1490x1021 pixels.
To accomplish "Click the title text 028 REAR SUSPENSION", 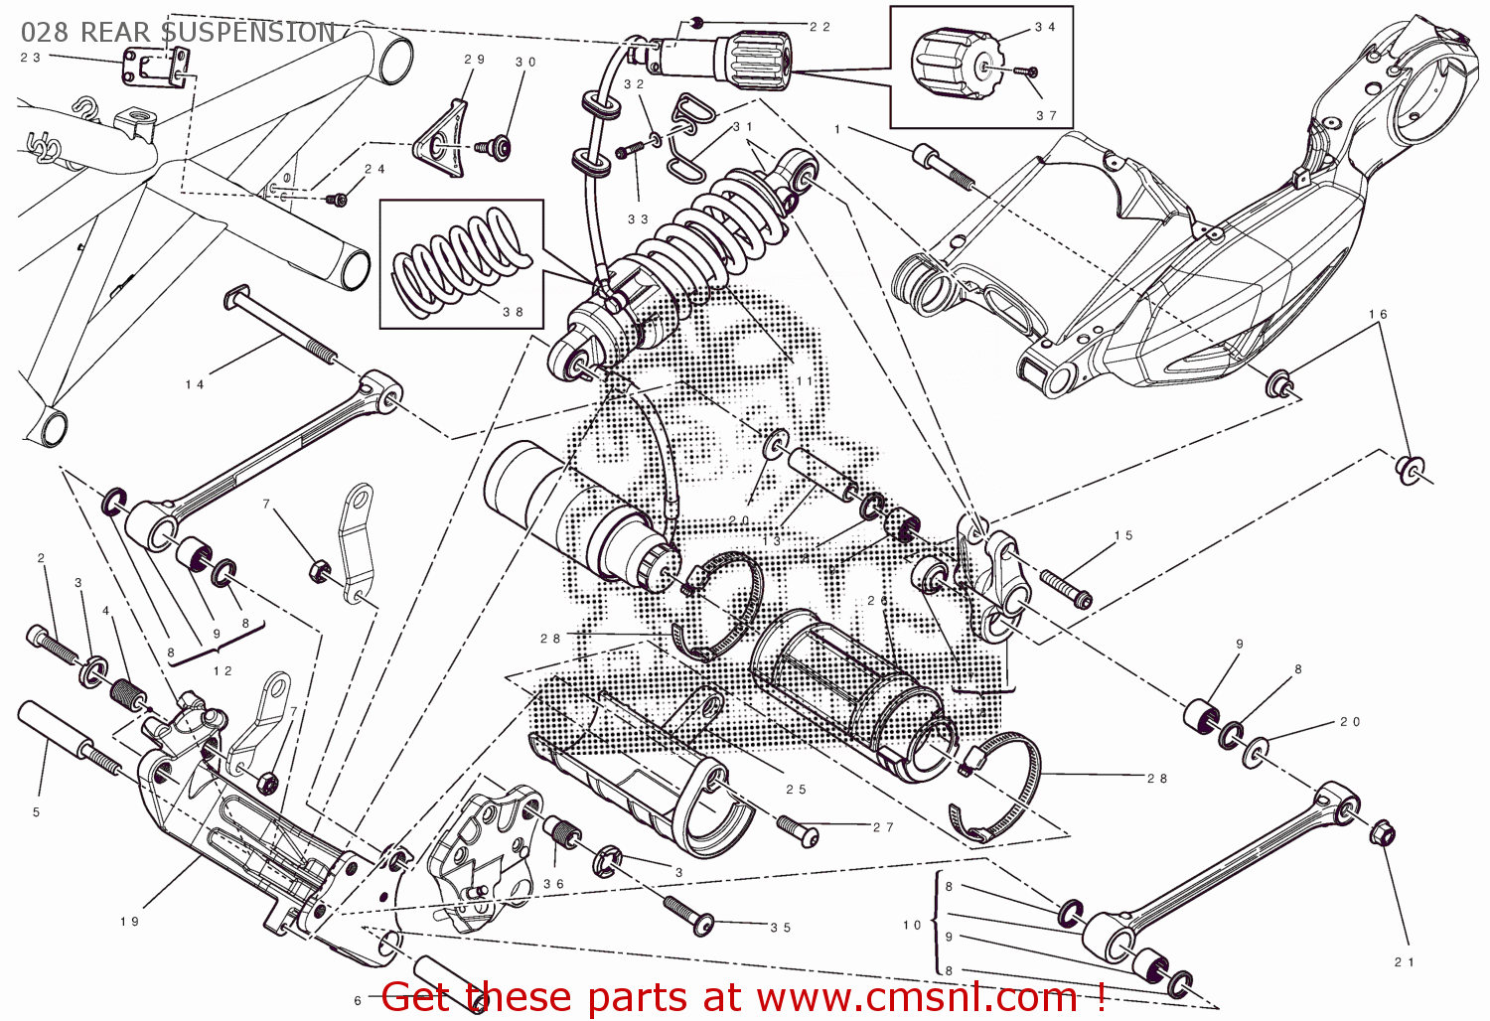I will [179, 32].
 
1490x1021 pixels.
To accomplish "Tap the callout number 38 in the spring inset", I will [513, 312].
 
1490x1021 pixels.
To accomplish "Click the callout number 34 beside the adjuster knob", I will [1045, 27].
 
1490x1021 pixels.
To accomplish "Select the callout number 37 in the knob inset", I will [1046, 115].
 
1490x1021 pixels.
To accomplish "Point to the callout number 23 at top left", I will [31, 58].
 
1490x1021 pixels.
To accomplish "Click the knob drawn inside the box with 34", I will [952, 66].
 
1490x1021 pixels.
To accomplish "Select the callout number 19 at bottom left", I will [129, 922].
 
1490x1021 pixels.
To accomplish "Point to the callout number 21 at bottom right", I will [1404, 961].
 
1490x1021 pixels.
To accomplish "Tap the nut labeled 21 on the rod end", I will [1382, 832].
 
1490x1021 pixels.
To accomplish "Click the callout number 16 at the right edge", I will [1378, 314].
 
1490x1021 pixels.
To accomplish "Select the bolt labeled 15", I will [1065, 587].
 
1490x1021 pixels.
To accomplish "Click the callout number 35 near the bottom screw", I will [781, 928].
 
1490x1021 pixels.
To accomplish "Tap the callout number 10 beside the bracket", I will [912, 925].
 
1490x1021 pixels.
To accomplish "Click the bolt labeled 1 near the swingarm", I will [944, 167].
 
